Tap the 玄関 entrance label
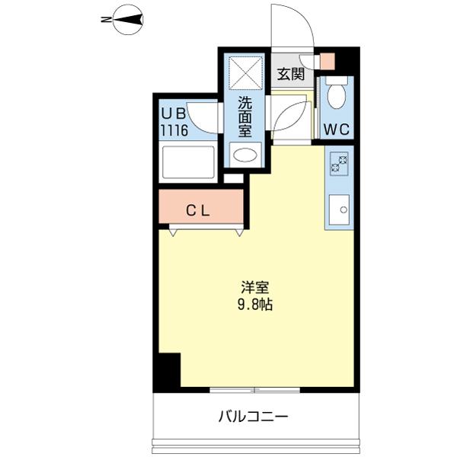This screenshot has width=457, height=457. [290, 74]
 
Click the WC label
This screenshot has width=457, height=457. [336, 129]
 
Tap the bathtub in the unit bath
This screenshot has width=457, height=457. [187, 163]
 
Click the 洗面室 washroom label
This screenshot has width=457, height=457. [244, 117]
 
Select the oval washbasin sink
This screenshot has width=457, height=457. [244, 156]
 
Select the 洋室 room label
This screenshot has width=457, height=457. [255, 288]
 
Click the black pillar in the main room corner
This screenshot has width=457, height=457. [166, 372]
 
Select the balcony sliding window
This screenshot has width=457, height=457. [255, 390]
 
